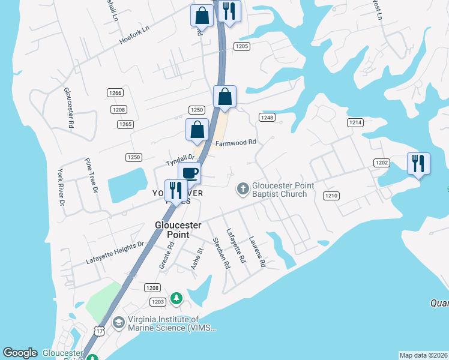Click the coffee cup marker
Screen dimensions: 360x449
pos(190,173)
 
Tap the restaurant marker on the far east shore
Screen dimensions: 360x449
pos(418,164)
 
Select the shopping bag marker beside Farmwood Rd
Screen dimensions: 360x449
pos(197,130)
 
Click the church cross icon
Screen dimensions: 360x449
pos(243,190)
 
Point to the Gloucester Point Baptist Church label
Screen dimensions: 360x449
pos(279,190)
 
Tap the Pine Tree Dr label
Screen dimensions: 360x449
pos(91,176)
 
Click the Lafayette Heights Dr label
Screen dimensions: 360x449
pos(115,253)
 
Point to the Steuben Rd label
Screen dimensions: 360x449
pos(221,253)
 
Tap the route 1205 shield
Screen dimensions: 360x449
pos(242,46)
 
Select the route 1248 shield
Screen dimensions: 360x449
pos(267,118)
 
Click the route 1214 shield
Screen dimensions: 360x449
pos(355,122)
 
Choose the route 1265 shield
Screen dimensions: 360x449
pos(125,124)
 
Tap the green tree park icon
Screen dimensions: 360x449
pos(176,298)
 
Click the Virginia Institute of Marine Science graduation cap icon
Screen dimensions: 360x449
pos(118,323)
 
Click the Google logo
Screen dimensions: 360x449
pos(20,353)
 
